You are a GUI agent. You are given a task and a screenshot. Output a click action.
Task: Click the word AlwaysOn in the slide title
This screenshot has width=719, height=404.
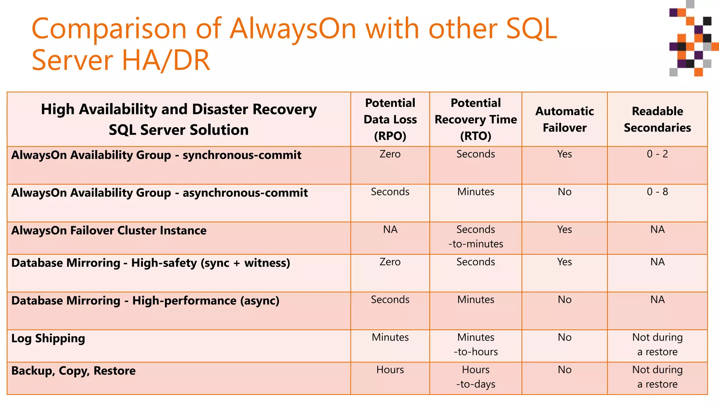click(x=293, y=29)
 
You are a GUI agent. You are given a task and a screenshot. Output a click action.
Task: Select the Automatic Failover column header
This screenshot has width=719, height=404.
click(x=565, y=119)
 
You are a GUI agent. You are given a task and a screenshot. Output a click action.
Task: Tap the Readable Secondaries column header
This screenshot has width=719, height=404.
click(x=657, y=119)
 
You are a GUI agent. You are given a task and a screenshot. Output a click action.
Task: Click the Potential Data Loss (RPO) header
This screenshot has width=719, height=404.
click(x=390, y=119)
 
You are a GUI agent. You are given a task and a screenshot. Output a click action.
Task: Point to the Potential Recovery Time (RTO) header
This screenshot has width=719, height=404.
click(x=476, y=119)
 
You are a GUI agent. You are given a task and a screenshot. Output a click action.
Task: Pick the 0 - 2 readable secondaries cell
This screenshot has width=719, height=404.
click(x=657, y=154)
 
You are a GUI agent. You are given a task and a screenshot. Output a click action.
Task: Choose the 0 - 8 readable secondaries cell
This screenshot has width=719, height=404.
click(x=657, y=192)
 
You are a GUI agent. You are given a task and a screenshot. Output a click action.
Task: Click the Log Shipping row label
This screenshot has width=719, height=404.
click(x=48, y=338)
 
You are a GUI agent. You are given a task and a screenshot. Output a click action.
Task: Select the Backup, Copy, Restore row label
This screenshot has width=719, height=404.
click(x=73, y=371)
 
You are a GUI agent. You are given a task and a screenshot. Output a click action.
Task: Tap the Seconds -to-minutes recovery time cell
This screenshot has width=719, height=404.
click(x=476, y=237)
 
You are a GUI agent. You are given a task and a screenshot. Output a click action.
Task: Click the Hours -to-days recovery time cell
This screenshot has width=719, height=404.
click(x=476, y=377)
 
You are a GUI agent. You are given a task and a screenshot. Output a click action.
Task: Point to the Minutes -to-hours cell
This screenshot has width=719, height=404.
click(x=476, y=344)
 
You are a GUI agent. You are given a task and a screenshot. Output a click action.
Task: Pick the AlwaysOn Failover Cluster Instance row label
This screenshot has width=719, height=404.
click(x=109, y=230)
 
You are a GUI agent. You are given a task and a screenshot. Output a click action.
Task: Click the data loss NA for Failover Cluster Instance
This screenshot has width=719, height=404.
click(x=390, y=230)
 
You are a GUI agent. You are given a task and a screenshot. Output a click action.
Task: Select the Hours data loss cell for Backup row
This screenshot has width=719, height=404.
click(x=390, y=370)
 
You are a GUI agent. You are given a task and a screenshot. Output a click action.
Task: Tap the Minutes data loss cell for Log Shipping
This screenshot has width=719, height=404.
click(x=390, y=337)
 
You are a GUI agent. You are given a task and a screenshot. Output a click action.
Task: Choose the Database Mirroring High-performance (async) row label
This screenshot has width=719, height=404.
click(x=145, y=301)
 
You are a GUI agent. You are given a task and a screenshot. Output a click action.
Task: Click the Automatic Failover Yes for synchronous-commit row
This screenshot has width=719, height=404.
click(x=565, y=154)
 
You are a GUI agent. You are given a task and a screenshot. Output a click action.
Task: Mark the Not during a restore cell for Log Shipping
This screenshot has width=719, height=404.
click(x=657, y=344)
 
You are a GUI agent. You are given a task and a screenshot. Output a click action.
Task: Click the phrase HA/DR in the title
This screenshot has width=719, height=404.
click(x=166, y=60)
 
